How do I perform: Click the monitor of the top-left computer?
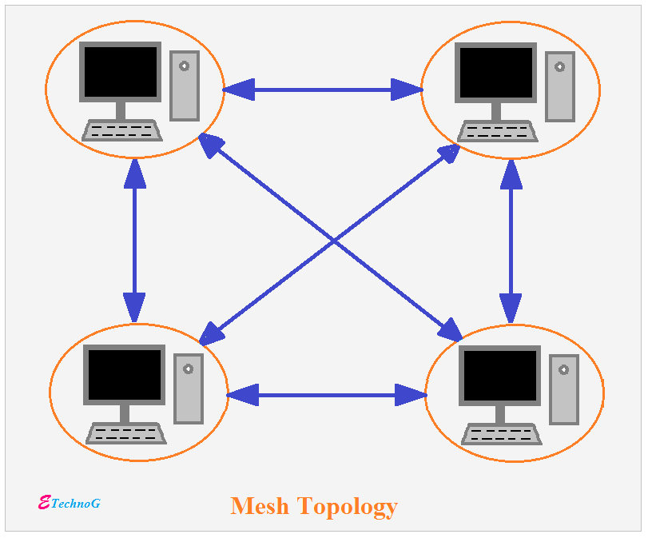[x=121, y=72]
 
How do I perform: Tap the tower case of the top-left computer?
[x=185, y=85]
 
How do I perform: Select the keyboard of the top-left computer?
[x=122, y=131]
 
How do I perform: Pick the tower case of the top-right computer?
[x=560, y=86]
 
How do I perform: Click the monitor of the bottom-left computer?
[x=125, y=375]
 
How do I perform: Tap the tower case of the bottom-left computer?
[x=189, y=389]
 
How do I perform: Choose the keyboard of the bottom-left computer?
[x=126, y=434]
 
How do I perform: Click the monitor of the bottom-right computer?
[x=499, y=376]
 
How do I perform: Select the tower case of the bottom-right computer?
[x=564, y=389]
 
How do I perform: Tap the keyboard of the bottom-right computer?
[x=502, y=435]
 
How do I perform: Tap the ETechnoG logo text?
[x=70, y=503]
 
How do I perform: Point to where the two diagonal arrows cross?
[x=332, y=239]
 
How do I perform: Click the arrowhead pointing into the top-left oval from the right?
[x=238, y=90]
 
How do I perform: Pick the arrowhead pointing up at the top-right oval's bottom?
[x=511, y=173]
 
